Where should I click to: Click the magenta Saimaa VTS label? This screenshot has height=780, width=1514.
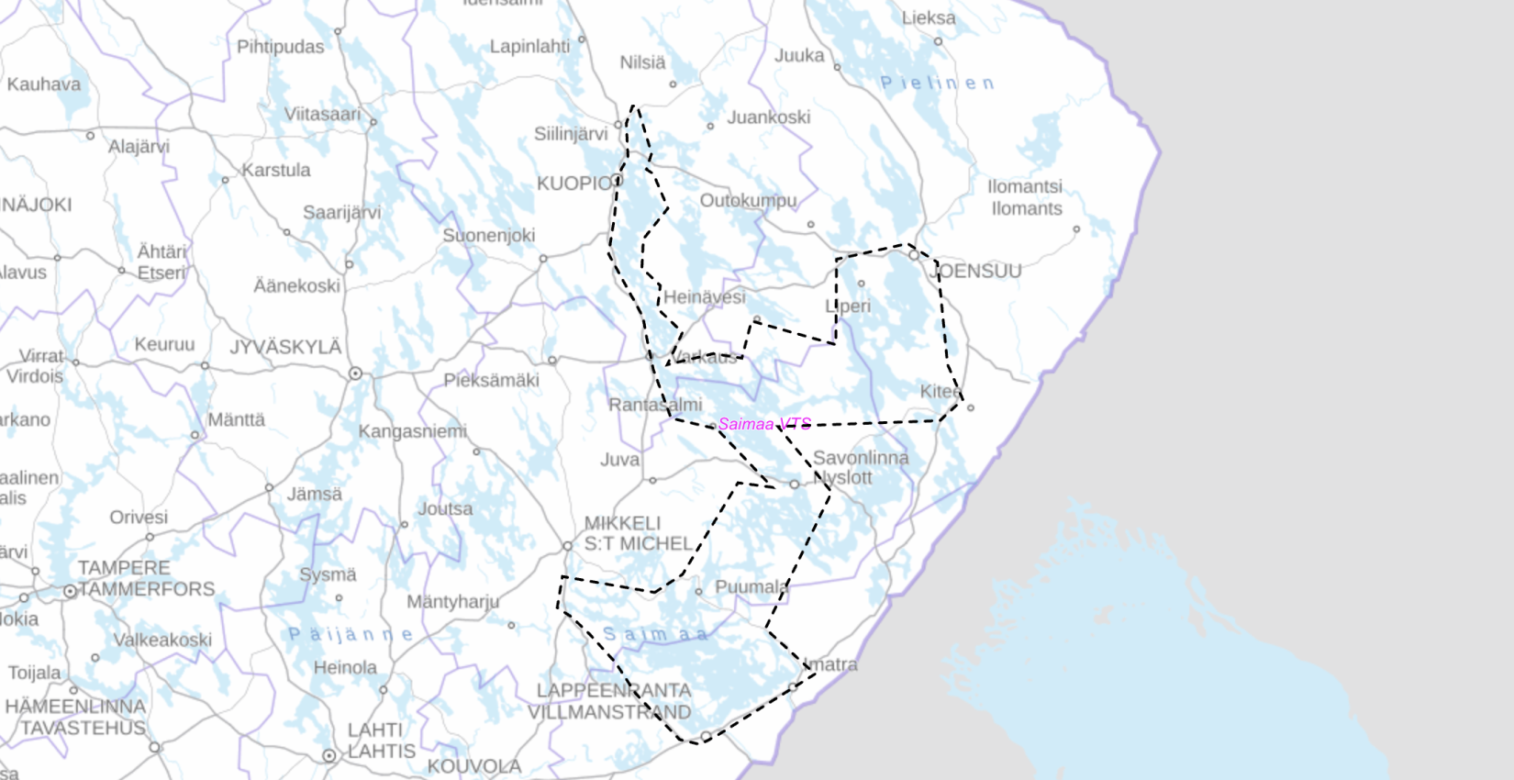(764, 424)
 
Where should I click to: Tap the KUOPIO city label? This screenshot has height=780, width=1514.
(574, 184)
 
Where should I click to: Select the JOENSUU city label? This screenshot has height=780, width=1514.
(975, 271)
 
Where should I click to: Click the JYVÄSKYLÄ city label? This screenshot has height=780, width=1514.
(285, 348)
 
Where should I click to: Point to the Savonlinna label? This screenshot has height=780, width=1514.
(860, 458)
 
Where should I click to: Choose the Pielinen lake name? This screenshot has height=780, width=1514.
(937, 84)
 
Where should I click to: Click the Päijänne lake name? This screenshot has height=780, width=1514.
(351, 634)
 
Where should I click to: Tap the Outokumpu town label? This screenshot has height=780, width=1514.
(748, 200)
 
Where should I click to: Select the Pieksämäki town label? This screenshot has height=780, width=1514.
(491, 380)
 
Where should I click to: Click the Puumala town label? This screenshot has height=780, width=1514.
(751, 587)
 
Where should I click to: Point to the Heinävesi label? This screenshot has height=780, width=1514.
(704, 297)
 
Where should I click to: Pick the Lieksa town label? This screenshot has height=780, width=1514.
(928, 17)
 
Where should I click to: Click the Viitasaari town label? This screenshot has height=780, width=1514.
(322, 114)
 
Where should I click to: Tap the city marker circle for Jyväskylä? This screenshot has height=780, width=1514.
(355, 373)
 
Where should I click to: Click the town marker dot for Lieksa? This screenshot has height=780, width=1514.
(938, 41)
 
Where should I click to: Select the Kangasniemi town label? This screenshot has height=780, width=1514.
(412, 431)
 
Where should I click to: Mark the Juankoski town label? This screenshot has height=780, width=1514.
(769, 117)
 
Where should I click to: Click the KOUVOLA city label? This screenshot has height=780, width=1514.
(473, 766)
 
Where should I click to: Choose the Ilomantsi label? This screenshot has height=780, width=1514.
(1024, 186)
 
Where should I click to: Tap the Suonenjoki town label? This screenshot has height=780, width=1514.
(488, 236)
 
